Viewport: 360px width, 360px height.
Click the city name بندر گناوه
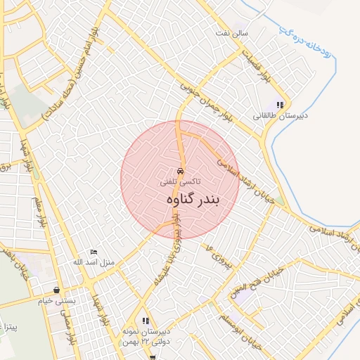pos(193,200)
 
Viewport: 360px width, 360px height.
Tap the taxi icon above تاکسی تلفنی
pos(180,171)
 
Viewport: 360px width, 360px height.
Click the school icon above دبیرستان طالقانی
pos(280,105)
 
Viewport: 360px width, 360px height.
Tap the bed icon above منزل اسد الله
pos(94,252)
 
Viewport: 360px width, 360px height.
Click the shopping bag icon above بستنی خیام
pos(56,290)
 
